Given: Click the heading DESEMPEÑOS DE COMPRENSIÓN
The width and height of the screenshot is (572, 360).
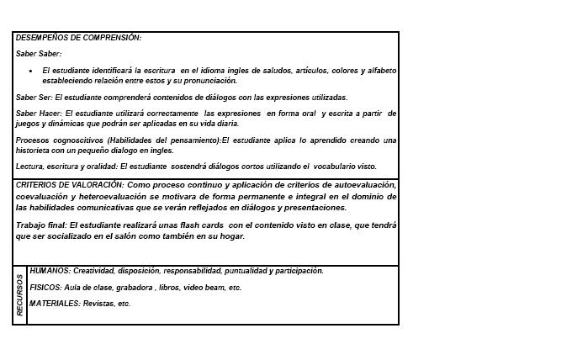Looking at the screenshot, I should pyautogui.click(x=78, y=38).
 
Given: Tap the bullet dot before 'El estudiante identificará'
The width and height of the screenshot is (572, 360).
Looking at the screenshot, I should pyautogui.click(x=30, y=71).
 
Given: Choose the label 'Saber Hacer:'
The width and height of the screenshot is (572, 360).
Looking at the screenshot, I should pyautogui.click(x=39, y=113).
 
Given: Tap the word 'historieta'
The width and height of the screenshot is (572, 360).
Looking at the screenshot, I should pyautogui.click(x=34, y=151).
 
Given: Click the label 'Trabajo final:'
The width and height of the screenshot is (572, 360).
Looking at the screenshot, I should pyautogui.click(x=41, y=225).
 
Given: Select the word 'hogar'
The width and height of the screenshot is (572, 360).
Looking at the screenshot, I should pyautogui.click(x=230, y=236).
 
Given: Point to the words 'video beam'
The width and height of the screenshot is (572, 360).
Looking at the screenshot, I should pyautogui.click(x=202, y=288).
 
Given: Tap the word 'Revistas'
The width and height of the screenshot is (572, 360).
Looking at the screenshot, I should pyautogui.click(x=100, y=303).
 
